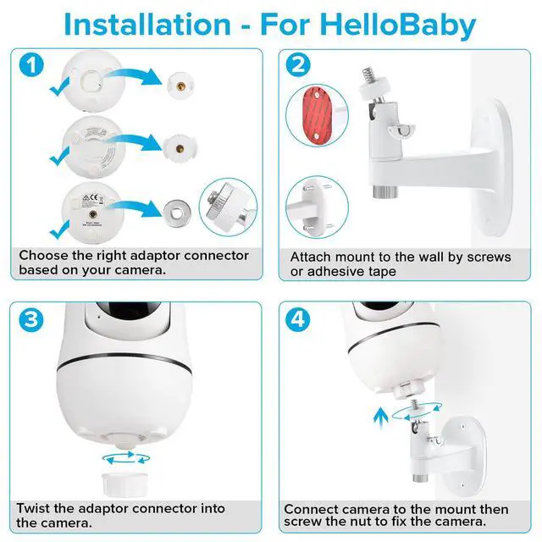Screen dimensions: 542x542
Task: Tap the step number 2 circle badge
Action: [299, 65]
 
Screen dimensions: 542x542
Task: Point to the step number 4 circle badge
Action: [299, 318]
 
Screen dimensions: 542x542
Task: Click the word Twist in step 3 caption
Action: [38, 508]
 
